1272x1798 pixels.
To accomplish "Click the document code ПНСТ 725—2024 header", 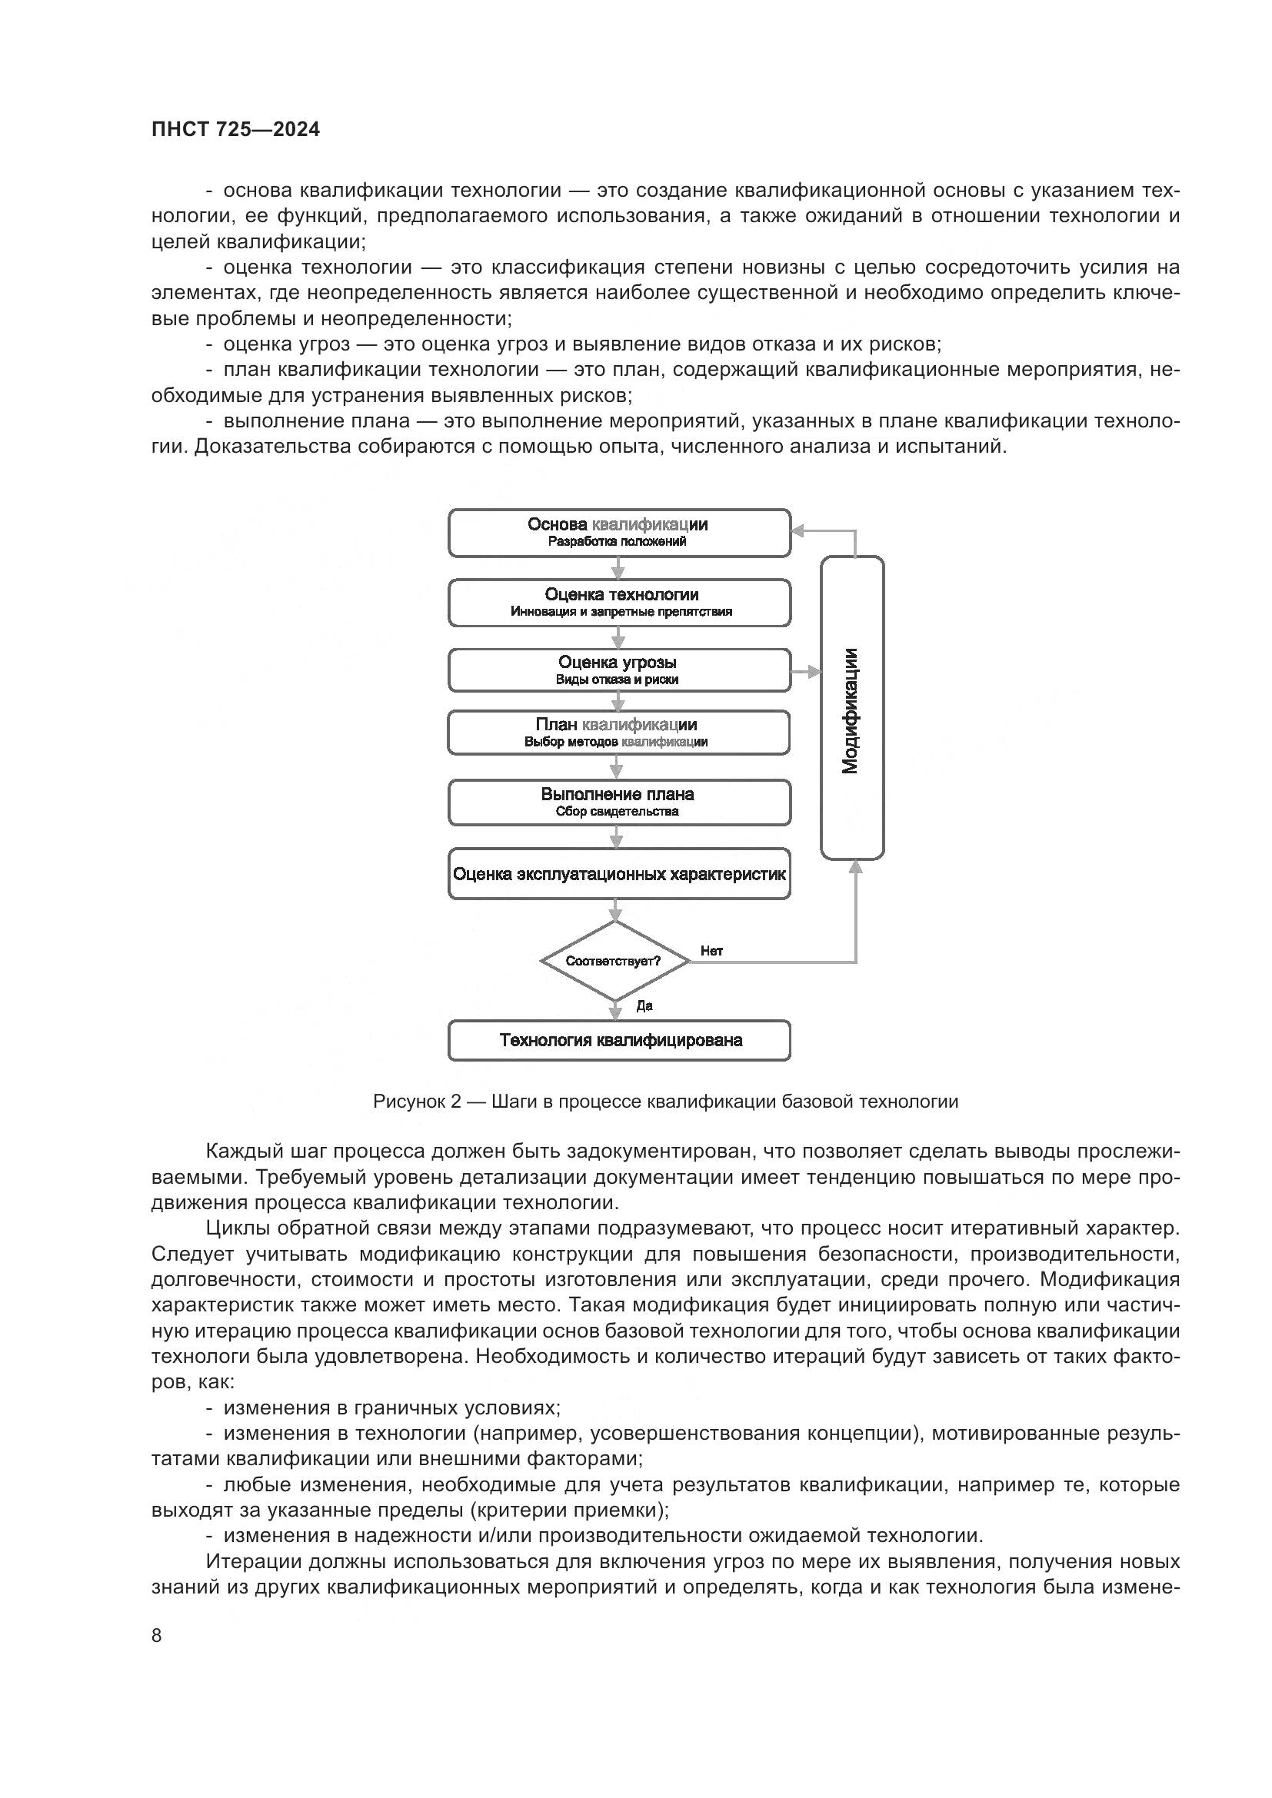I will point(236,130).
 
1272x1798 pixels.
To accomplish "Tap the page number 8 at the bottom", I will point(157,1635).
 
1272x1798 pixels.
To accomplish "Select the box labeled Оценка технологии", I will point(620,603).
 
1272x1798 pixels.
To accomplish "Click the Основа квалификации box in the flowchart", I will point(620,533).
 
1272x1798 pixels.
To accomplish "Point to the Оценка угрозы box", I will point(620,670).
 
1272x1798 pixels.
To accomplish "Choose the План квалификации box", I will point(620,733).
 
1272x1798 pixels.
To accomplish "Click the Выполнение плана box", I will point(620,802).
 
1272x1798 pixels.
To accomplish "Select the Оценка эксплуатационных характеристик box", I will point(620,874).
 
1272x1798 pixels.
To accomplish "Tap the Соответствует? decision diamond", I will point(615,961).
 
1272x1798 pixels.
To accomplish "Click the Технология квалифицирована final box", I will point(620,1041).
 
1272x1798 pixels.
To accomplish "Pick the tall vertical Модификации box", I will point(852,709).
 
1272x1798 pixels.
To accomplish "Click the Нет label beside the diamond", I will point(711,951).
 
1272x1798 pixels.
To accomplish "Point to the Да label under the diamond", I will point(644,1006).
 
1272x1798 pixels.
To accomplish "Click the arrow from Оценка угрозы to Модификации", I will point(807,672).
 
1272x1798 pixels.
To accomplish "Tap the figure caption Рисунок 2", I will point(665,1102).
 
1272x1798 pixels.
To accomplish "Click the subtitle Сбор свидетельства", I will point(618,811).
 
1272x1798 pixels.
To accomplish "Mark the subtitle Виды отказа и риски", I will point(618,680).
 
